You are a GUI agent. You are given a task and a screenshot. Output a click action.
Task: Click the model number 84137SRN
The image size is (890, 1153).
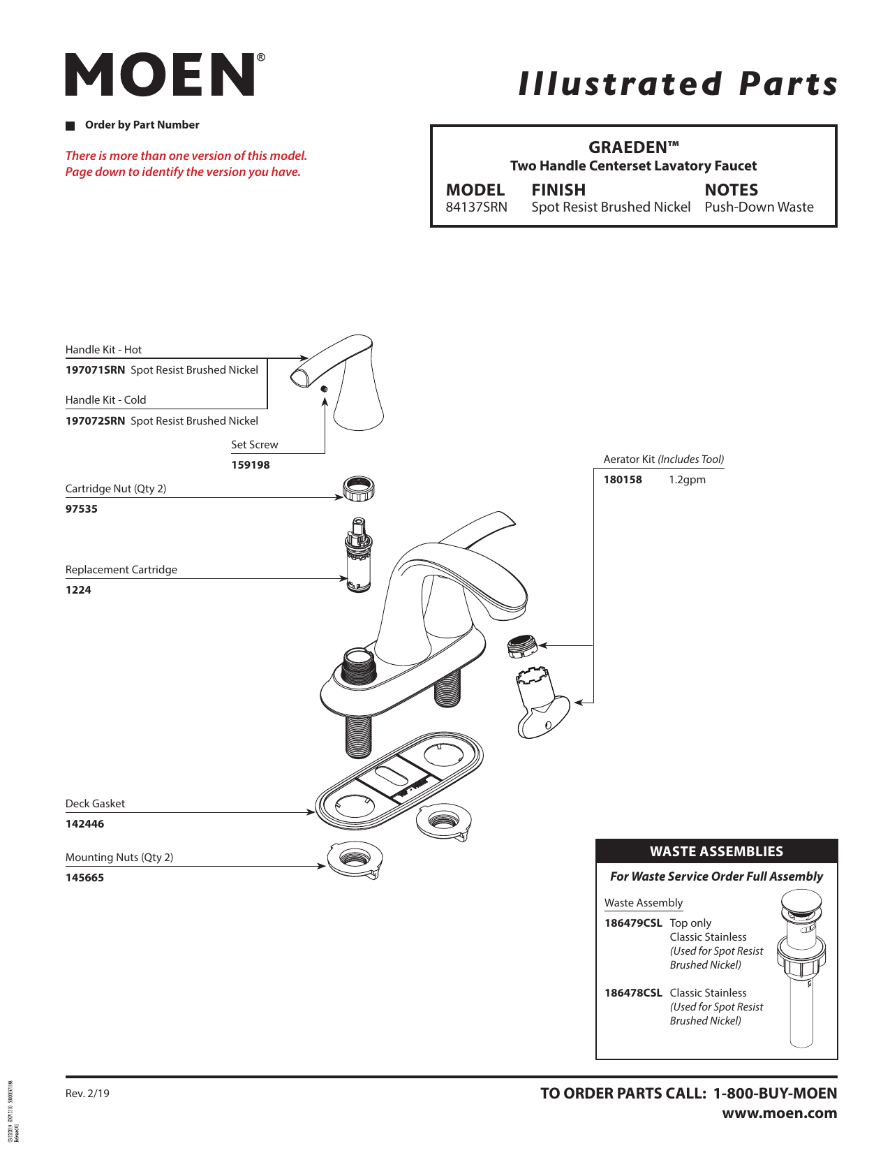tap(476, 207)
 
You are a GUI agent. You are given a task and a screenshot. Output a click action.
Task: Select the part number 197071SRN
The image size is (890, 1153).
tap(95, 370)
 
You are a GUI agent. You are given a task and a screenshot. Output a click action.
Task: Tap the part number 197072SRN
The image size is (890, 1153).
tap(95, 421)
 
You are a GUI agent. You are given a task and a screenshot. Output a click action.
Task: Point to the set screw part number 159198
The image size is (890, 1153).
tap(250, 465)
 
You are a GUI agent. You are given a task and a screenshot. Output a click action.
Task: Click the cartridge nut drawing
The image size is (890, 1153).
tap(359, 488)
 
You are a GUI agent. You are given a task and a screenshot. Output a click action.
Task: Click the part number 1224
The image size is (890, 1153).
tap(78, 590)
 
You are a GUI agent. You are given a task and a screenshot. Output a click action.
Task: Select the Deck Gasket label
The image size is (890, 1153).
tap(95, 804)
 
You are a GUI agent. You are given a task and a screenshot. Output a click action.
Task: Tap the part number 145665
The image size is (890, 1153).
tap(84, 878)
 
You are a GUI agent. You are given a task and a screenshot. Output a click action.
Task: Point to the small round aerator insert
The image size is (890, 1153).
tap(521, 646)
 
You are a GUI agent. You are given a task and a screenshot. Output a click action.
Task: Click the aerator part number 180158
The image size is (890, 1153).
tap(623, 480)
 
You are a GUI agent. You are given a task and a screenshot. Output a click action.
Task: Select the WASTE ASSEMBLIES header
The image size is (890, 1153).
tap(716, 851)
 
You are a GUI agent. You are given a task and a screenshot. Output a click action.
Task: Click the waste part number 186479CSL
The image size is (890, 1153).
tap(633, 923)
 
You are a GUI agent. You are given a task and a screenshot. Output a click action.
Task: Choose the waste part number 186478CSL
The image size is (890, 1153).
tap(633, 993)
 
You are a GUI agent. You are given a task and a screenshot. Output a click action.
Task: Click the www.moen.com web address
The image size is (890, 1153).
tap(779, 1113)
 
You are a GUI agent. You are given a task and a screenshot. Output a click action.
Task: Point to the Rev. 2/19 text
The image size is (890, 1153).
tap(87, 1094)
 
